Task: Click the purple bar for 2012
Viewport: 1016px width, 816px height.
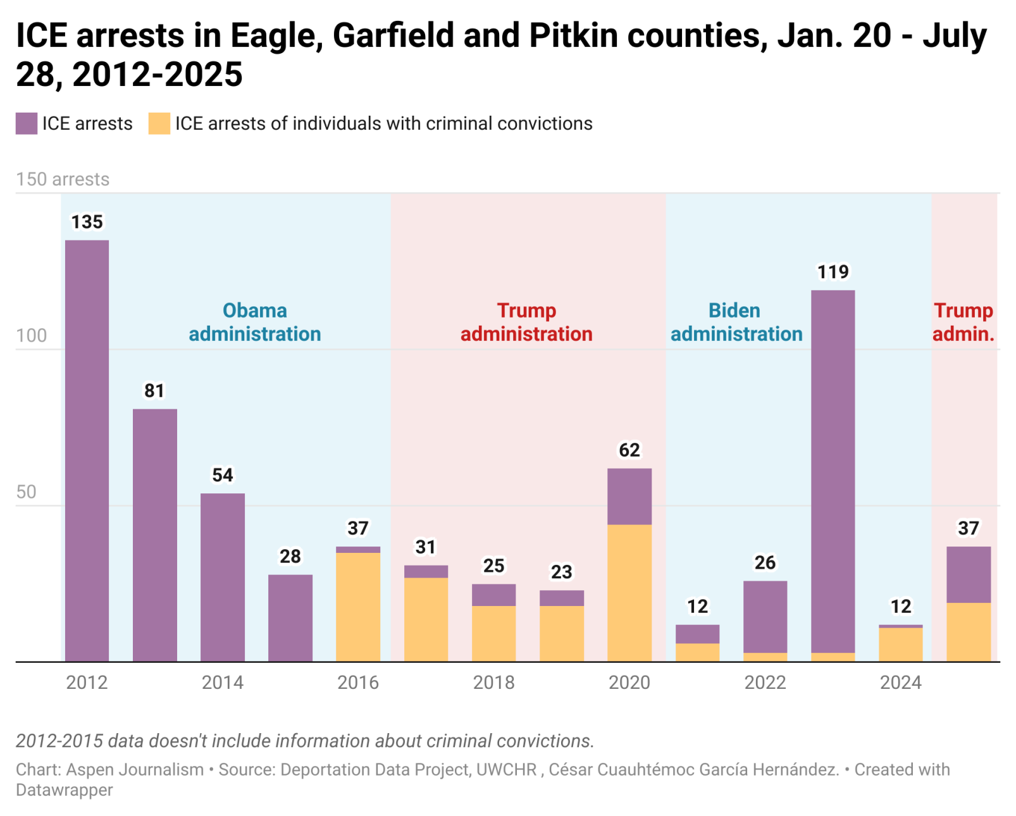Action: (x=87, y=450)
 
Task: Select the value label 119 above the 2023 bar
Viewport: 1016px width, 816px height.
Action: (x=833, y=272)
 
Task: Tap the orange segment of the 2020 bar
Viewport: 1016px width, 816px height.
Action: (x=629, y=593)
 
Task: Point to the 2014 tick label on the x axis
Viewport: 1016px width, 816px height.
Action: (x=222, y=683)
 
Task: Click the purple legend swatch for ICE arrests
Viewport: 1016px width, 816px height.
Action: (x=27, y=123)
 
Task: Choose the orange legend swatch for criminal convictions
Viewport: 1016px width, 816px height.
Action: (x=159, y=123)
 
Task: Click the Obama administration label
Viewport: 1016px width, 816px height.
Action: (x=255, y=322)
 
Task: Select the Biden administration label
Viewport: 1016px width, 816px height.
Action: (x=736, y=322)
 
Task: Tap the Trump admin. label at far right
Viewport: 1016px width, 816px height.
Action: (x=963, y=322)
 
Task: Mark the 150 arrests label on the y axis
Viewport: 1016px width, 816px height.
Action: (x=63, y=180)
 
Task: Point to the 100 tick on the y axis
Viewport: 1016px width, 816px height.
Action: (x=32, y=336)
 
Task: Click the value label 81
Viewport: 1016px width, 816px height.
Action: (x=154, y=391)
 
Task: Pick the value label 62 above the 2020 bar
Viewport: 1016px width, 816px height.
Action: (x=629, y=450)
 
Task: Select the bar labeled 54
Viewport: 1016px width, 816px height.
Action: (x=222, y=577)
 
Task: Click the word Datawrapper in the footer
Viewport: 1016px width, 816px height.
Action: (x=65, y=790)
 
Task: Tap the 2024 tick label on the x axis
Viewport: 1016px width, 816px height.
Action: (x=900, y=683)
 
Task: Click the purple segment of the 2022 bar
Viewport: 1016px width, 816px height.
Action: (x=765, y=616)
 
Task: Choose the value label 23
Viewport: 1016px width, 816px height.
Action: (x=561, y=572)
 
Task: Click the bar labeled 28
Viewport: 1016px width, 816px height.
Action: (x=290, y=617)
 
